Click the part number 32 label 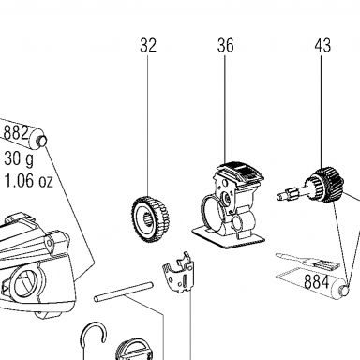point(148,46)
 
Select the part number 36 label point(225,46)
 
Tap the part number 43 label point(322,46)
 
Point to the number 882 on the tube point(16,132)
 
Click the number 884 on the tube point(316,281)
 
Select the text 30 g point(19,158)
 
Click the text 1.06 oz point(28,181)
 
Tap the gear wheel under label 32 point(150,218)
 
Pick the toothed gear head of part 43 point(328,185)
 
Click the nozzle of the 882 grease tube point(42,140)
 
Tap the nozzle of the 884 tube point(345,290)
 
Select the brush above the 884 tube point(307,262)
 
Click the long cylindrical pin point(124,292)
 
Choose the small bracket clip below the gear point(178,273)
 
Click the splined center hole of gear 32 point(147,220)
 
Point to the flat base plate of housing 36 point(229,238)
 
